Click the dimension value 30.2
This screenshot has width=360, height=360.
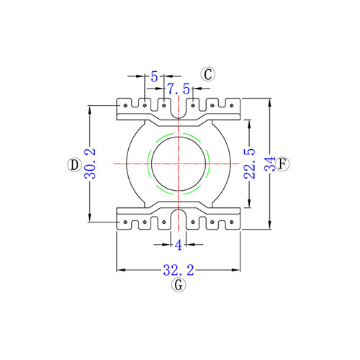(x=90, y=163)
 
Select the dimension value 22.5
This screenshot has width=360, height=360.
(x=250, y=163)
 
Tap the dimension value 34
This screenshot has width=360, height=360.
(x=270, y=163)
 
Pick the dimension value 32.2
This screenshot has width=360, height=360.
(x=179, y=270)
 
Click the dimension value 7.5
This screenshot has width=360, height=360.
(x=179, y=89)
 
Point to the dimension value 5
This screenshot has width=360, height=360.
(x=154, y=77)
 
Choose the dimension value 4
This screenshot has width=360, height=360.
(x=179, y=246)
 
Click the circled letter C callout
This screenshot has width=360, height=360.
(x=208, y=74)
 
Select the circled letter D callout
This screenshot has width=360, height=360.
(x=74, y=165)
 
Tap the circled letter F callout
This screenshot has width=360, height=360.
(x=282, y=164)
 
